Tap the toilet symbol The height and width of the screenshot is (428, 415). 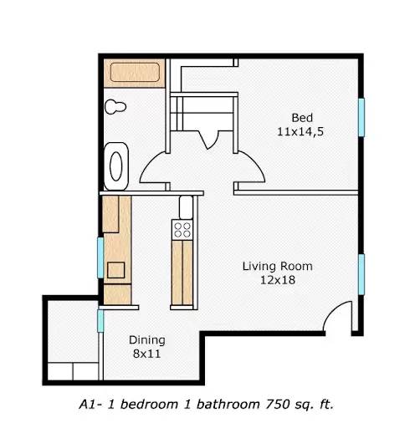(x=115, y=107)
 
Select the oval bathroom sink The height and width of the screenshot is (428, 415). (x=116, y=164)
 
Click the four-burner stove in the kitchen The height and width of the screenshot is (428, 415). (x=182, y=229)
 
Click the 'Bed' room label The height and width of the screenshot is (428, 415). (x=302, y=116)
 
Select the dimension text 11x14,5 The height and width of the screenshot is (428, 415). (x=302, y=131)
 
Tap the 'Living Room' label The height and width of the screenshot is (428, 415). (x=277, y=267)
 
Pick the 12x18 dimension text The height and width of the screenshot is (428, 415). (x=277, y=281)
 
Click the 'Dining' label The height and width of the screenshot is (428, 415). (x=146, y=340)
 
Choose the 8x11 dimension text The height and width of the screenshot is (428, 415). (x=146, y=354)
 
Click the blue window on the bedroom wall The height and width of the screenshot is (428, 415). (x=361, y=116)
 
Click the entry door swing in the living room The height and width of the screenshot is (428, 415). (x=340, y=317)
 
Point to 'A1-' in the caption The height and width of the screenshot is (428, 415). (x=90, y=404)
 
